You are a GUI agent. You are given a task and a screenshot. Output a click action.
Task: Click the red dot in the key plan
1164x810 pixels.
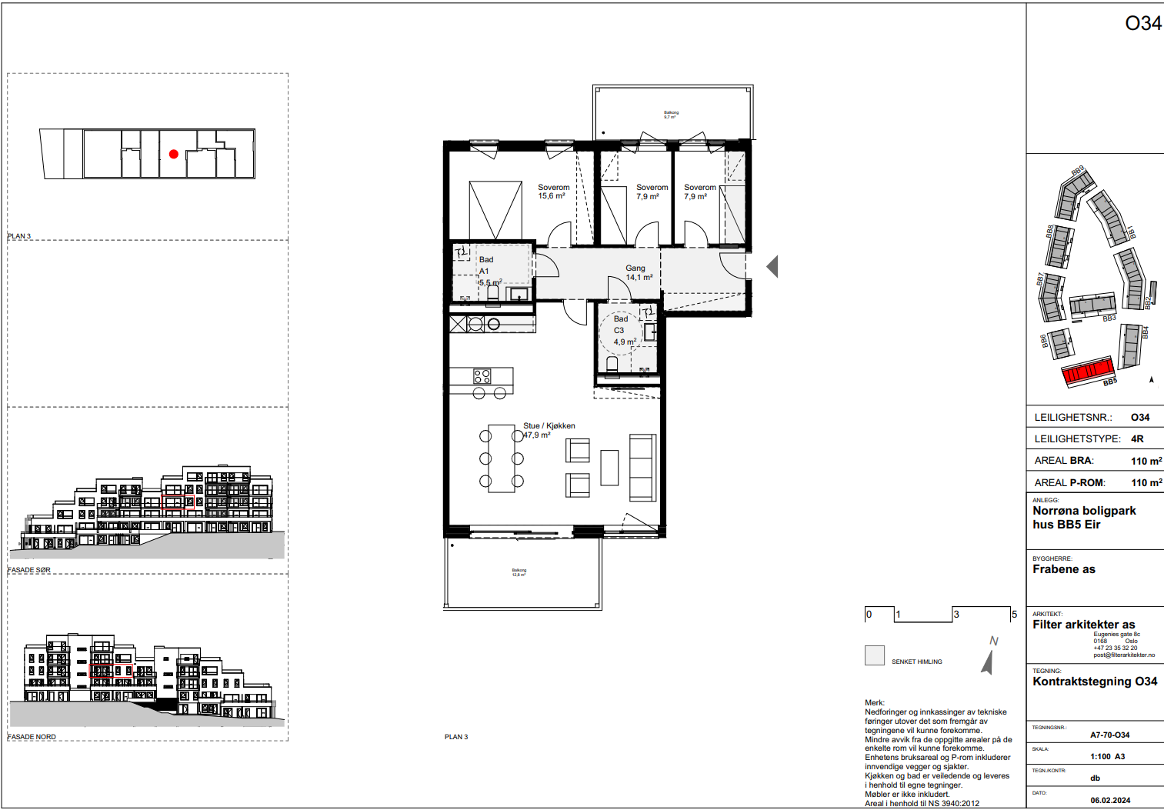[174, 154]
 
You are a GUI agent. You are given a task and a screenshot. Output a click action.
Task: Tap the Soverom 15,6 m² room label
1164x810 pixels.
[553, 192]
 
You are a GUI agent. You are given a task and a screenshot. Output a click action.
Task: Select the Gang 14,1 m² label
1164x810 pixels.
[639, 273]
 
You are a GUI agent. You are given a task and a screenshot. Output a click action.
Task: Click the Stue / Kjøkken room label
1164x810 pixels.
[549, 430]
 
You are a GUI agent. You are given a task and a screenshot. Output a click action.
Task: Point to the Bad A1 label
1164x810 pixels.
[487, 271]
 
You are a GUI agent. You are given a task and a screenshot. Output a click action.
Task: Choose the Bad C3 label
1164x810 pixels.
[623, 330]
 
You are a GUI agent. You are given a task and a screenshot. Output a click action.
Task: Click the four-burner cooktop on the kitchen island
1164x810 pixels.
[482, 376]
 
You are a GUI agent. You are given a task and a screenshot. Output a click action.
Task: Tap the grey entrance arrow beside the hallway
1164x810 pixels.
[772, 266]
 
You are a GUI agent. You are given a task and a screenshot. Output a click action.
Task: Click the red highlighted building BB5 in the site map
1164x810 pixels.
[1089, 372]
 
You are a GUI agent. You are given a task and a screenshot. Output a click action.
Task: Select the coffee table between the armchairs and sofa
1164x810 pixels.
[609, 468]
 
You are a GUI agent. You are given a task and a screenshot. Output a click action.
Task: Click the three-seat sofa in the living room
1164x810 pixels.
[642, 468]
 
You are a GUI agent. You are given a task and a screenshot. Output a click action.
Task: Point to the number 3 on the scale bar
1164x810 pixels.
[956, 615]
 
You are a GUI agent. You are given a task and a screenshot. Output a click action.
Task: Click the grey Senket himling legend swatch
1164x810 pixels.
[875, 655]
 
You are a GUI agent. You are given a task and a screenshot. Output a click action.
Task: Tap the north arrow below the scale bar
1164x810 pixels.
[989, 659]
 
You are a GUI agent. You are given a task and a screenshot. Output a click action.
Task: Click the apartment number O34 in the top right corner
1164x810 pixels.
[1142, 24]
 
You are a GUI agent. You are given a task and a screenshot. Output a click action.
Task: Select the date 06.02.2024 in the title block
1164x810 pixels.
[1110, 800]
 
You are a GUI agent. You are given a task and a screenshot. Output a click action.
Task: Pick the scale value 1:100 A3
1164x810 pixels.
[1107, 756]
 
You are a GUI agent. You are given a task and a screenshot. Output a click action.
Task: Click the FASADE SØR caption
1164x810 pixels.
[29, 570]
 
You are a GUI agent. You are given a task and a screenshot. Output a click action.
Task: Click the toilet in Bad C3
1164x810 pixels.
[613, 363]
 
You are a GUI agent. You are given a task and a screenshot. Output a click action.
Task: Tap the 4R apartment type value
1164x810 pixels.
[1137, 438]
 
